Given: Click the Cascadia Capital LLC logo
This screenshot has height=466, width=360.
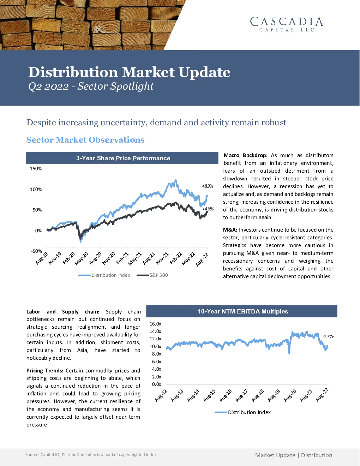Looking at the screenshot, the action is point(287,24).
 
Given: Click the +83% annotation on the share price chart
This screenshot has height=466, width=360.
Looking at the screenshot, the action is point(208,186).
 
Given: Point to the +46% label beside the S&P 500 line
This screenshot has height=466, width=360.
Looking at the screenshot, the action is point(208,209).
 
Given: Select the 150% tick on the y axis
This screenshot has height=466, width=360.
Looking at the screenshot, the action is point(36,168).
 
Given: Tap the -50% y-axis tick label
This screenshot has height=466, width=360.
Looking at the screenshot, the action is point(36,251).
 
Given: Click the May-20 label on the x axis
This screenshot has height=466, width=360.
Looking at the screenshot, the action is point(82,258).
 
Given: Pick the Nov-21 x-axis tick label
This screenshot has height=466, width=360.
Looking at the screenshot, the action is point(162,258).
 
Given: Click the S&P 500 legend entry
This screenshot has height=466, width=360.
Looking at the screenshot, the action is point(152,275).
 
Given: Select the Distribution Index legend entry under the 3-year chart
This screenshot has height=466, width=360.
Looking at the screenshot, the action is point(104,275).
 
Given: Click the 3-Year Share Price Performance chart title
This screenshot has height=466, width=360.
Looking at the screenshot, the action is point(123,158).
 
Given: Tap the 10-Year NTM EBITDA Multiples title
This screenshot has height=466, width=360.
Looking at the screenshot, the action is point(243,311).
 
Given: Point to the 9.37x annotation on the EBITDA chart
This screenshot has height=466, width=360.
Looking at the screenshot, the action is point(329,337).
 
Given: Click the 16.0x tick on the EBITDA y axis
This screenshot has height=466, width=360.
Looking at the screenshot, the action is point(155,324).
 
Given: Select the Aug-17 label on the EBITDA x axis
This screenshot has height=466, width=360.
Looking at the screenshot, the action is point(242,395).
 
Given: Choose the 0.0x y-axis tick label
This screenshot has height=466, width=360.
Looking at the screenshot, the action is point(156,384).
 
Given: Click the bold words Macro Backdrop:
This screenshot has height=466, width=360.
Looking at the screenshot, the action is point(246,155).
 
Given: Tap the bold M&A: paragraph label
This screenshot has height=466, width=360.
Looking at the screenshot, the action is point(230,230).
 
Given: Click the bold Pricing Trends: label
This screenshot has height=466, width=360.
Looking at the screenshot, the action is point(45,371).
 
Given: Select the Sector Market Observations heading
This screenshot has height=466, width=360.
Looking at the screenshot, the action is point(85,140).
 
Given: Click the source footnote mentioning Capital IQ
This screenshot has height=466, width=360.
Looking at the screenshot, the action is point(91,455).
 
